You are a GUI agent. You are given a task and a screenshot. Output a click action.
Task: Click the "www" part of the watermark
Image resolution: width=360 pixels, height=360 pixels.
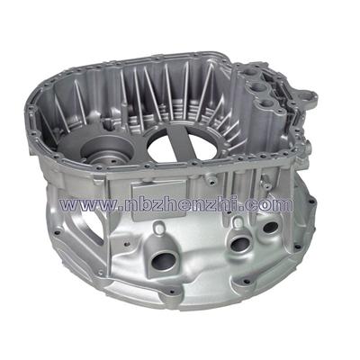coord(88,204)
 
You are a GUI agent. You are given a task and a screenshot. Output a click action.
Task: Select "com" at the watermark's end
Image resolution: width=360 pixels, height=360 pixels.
coord(269,204)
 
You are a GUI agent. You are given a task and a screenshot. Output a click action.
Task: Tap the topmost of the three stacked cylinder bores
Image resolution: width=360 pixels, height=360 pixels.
coord(251,73)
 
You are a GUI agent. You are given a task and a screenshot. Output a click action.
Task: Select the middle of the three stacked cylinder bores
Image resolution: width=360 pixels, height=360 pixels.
coord(258,88)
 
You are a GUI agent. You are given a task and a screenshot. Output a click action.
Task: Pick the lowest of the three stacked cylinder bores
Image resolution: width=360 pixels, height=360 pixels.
coord(267,103)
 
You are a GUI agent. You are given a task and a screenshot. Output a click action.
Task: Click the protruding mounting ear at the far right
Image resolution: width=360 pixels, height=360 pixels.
coord(307,97)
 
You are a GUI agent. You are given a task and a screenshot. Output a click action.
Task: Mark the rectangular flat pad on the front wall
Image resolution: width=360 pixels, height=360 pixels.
coord(159,197)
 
